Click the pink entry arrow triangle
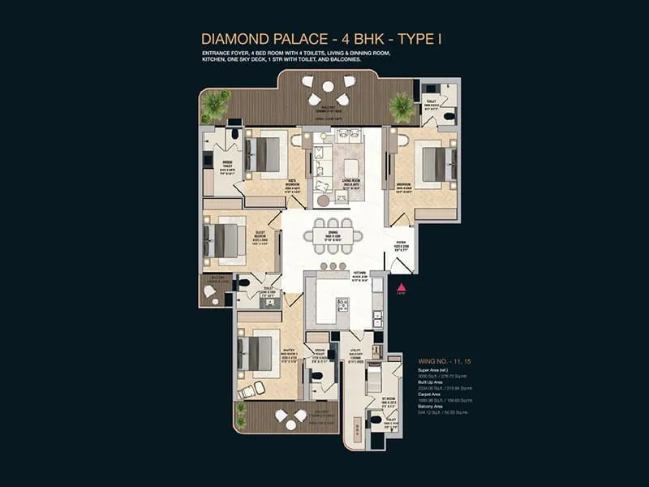(400, 287)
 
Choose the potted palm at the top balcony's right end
(401, 106)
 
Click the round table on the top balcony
(328, 86)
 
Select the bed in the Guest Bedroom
(223, 239)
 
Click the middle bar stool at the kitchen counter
(331, 266)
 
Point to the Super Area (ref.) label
(433, 369)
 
